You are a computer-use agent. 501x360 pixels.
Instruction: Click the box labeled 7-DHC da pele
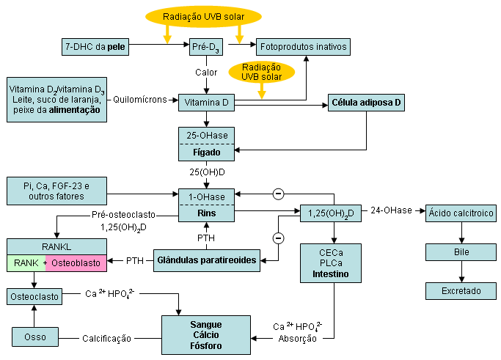[x=95, y=48]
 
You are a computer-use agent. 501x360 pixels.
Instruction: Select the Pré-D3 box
[x=205, y=48]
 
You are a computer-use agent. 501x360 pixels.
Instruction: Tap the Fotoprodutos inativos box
[x=304, y=48]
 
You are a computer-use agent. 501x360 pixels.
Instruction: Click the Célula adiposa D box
[x=366, y=103]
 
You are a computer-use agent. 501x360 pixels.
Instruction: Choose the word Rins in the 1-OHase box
[x=206, y=213]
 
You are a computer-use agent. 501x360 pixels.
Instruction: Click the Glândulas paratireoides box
[x=208, y=260]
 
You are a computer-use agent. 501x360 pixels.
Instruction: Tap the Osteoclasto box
[x=34, y=296]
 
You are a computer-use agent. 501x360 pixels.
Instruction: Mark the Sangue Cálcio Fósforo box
[x=206, y=336]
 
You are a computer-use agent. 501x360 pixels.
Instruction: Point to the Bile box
[x=461, y=251]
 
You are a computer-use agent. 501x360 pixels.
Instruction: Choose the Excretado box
[x=461, y=291]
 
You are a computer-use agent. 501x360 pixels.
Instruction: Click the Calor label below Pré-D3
[x=206, y=73]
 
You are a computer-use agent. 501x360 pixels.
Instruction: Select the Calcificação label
[x=106, y=338]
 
